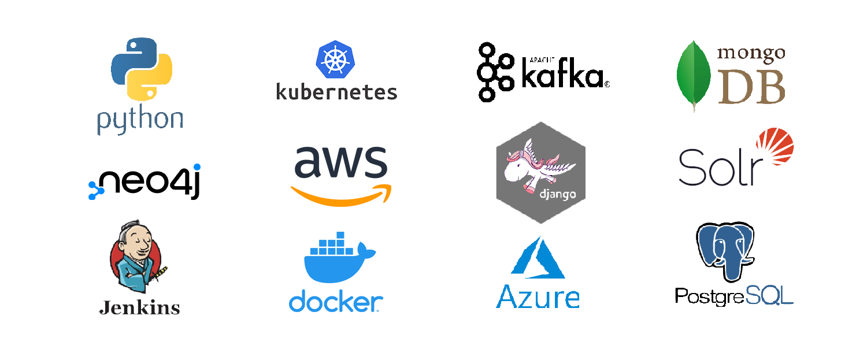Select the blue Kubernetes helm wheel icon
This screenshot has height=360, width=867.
click(335, 60)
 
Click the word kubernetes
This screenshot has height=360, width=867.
click(336, 91)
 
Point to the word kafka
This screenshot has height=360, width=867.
click(562, 76)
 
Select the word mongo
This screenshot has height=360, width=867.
click(751, 54)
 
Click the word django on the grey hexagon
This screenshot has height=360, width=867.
click(557, 194)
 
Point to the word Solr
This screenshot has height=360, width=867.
click(717, 168)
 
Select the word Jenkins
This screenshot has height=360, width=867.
click(139, 307)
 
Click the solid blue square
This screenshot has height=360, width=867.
click(336, 272)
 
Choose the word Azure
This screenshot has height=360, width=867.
click(538, 297)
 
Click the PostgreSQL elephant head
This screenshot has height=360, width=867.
click(725, 248)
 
